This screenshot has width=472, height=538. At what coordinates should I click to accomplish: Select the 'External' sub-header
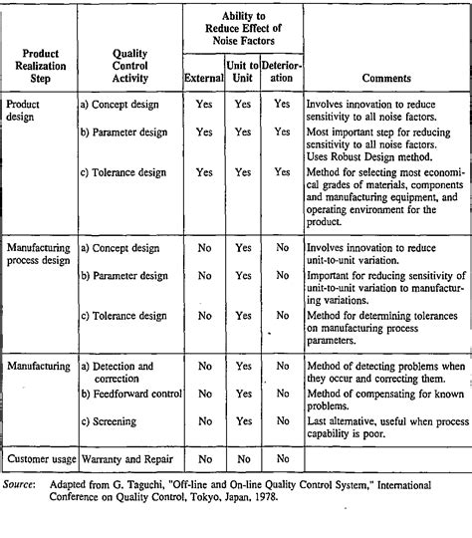[204, 77]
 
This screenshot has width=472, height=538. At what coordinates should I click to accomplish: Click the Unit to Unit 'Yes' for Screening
[243, 421]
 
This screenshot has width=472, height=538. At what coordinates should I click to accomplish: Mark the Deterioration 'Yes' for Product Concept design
[282, 103]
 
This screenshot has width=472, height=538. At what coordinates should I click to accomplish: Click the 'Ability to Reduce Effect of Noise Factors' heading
[243, 30]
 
